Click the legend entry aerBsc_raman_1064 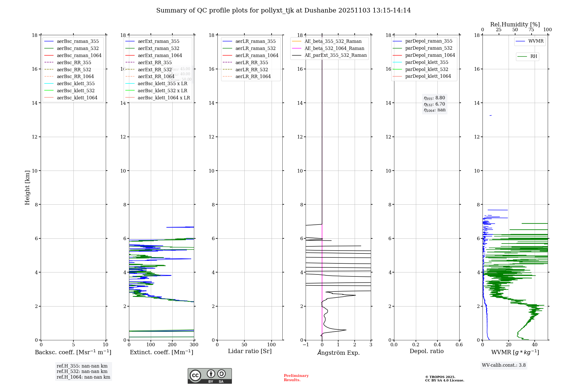79,55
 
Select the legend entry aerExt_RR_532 155,70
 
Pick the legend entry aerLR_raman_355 255,41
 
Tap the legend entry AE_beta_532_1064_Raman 334,48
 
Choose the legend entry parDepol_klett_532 426,69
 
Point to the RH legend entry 534,56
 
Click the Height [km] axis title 27,187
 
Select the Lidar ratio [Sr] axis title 250,351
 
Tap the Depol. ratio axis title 426,351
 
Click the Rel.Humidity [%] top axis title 515,24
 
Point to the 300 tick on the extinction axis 194,345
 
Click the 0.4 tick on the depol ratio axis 437,345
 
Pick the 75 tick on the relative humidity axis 531,30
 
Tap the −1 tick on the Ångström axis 306,345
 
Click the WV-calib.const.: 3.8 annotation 504,365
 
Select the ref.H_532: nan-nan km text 82,372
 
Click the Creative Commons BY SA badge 210,376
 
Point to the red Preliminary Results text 296,378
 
